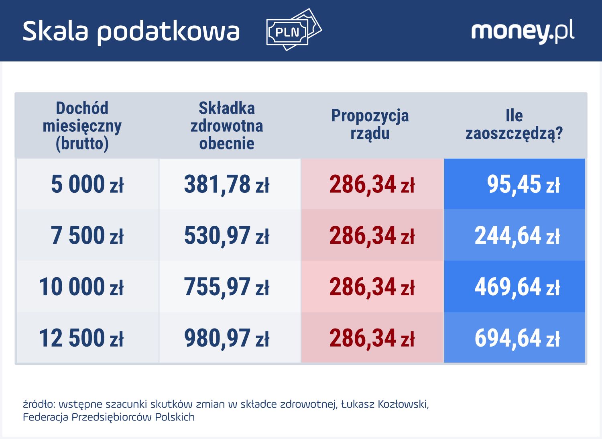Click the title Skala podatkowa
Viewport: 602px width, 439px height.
click(x=131, y=31)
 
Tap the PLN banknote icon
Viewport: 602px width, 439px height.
click(x=293, y=30)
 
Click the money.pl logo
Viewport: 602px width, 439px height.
click(x=522, y=31)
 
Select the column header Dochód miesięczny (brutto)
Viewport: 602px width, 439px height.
click(x=82, y=126)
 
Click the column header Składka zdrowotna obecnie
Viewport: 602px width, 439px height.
click(x=227, y=126)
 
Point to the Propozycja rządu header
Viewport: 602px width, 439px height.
click(x=370, y=125)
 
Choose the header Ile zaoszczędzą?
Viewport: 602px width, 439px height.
click(x=514, y=125)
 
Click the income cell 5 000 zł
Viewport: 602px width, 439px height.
click(x=87, y=184)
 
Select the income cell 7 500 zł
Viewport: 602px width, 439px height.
click(x=87, y=235)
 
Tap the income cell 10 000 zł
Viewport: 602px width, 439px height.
click(x=81, y=287)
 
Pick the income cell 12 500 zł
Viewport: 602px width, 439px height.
click(x=81, y=338)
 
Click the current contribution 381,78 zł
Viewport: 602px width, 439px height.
click(x=227, y=184)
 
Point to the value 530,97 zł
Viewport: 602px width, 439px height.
click(x=227, y=235)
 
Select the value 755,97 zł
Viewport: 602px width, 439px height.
click(x=227, y=287)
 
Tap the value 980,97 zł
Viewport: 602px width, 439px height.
click(x=227, y=338)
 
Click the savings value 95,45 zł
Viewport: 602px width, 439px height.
click(x=523, y=184)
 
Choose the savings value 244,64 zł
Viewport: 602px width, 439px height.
click(x=517, y=235)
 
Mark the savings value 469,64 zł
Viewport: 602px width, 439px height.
click(x=517, y=287)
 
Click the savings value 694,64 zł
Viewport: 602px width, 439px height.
click(x=517, y=338)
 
